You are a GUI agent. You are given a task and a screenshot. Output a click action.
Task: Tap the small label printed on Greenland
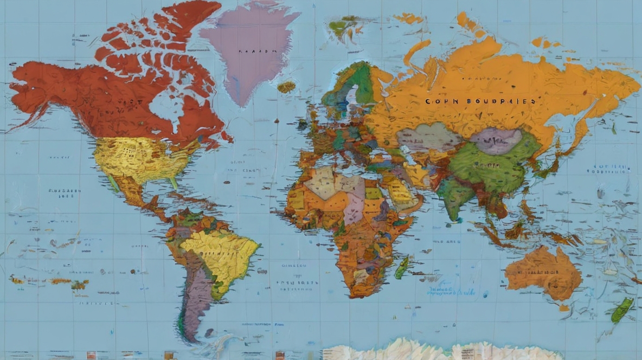click(x=253, y=52)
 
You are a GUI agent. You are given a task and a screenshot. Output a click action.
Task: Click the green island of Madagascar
click(x=402, y=267)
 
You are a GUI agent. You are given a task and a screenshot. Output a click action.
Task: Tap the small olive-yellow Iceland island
click(x=286, y=87)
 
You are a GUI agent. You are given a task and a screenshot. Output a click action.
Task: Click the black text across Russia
click(x=480, y=101)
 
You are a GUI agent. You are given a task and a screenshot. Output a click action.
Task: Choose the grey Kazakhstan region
click(x=428, y=138)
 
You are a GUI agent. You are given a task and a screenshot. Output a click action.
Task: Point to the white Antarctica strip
click(x=434, y=350)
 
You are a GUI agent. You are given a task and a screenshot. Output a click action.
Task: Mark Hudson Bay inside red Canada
click(x=163, y=106)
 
